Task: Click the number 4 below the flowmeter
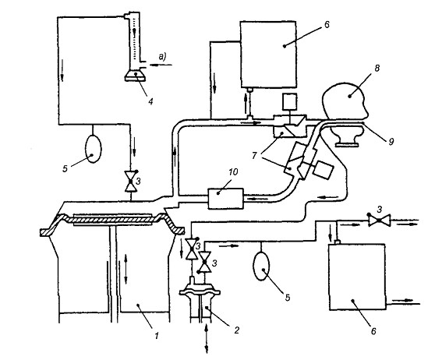[x=150, y=102]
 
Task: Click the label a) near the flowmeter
[x=162, y=57]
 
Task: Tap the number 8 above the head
[x=377, y=69]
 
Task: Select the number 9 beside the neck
[x=391, y=142]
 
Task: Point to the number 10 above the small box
[x=233, y=172]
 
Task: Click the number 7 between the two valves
[x=254, y=156]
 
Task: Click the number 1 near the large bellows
[x=157, y=336]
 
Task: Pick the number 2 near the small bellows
[x=236, y=330]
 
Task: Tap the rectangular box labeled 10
[x=225, y=198]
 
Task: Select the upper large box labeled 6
[x=268, y=55]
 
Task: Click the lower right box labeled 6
[x=357, y=277]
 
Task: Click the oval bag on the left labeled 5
[x=93, y=148]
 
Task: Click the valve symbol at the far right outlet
[x=379, y=221]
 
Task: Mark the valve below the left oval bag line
[x=131, y=182]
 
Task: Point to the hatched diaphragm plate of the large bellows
[x=112, y=220]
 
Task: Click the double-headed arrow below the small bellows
[x=206, y=338]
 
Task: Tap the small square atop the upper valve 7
[x=290, y=102]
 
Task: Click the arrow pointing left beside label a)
[x=161, y=65]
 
